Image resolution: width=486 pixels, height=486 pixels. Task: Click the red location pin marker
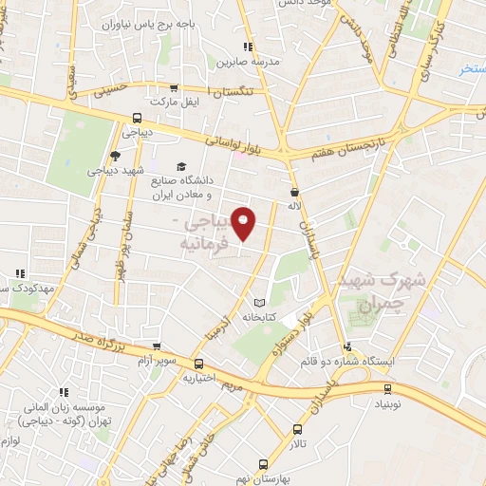pyautogui.click(x=245, y=223)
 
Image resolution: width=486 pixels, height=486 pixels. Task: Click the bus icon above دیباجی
pyautogui.click(x=137, y=119)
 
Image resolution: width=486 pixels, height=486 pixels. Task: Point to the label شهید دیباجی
pyautogui.click(x=116, y=171)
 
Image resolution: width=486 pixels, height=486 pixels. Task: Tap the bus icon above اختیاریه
pyautogui.click(x=198, y=364)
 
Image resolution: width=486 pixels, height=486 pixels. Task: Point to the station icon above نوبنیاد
pyautogui.click(x=388, y=388)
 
